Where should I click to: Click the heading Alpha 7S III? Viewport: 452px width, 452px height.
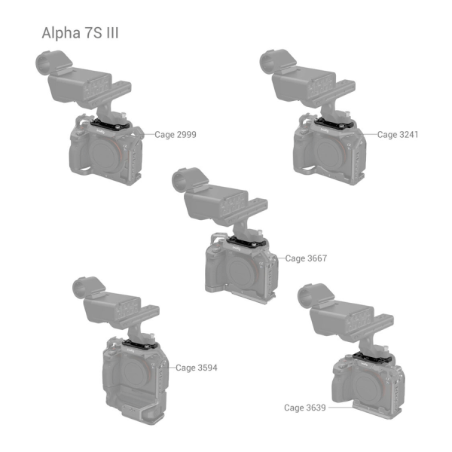[80, 33]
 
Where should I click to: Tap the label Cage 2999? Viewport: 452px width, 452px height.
[176, 135]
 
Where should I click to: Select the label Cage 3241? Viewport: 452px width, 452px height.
[398, 135]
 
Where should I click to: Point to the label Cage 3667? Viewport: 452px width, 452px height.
[306, 258]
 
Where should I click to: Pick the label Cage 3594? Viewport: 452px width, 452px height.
[197, 368]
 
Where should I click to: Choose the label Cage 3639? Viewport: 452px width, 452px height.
[304, 408]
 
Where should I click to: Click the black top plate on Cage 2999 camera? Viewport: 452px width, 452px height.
[110, 124]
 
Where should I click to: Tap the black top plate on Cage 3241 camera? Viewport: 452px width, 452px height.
[334, 124]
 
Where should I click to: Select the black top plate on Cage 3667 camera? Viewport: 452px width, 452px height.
[246, 241]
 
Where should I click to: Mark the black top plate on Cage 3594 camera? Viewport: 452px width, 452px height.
[140, 344]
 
